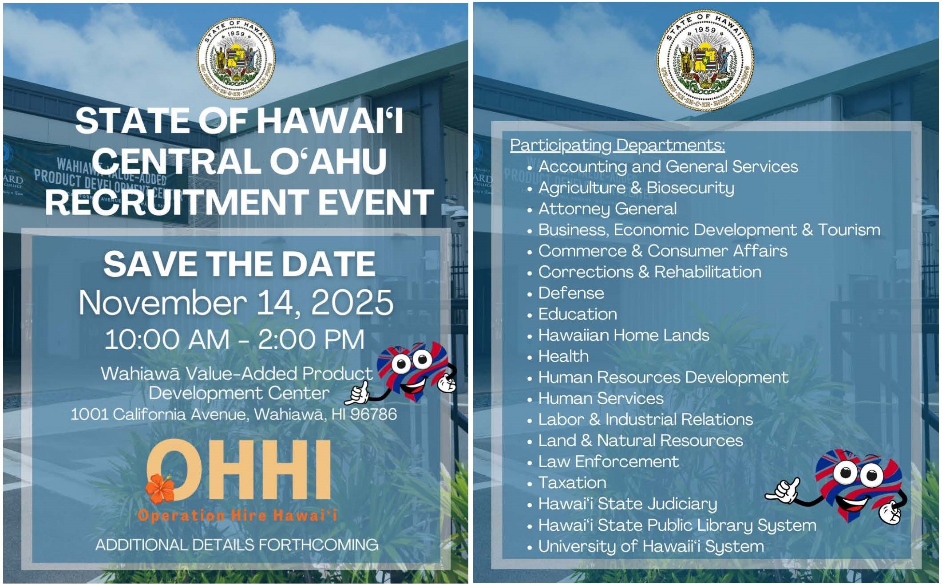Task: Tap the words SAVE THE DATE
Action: coord(240,264)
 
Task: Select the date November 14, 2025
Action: coord(236,303)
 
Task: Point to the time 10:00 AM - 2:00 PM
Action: coord(235,339)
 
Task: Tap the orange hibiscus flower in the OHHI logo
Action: coord(160,488)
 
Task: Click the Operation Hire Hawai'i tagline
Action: coord(237,515)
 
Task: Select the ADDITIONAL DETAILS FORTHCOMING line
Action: coord(237,545)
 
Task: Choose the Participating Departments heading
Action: coord(617,146)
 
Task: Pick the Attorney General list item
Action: coord(607,209)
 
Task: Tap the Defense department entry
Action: coord(571,293)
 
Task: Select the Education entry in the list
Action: coord(578,314)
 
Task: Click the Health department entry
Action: coord(564,356)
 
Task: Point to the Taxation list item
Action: coord(572,483)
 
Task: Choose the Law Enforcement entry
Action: coord(609,462)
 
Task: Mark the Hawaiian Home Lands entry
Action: coord(624,335)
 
